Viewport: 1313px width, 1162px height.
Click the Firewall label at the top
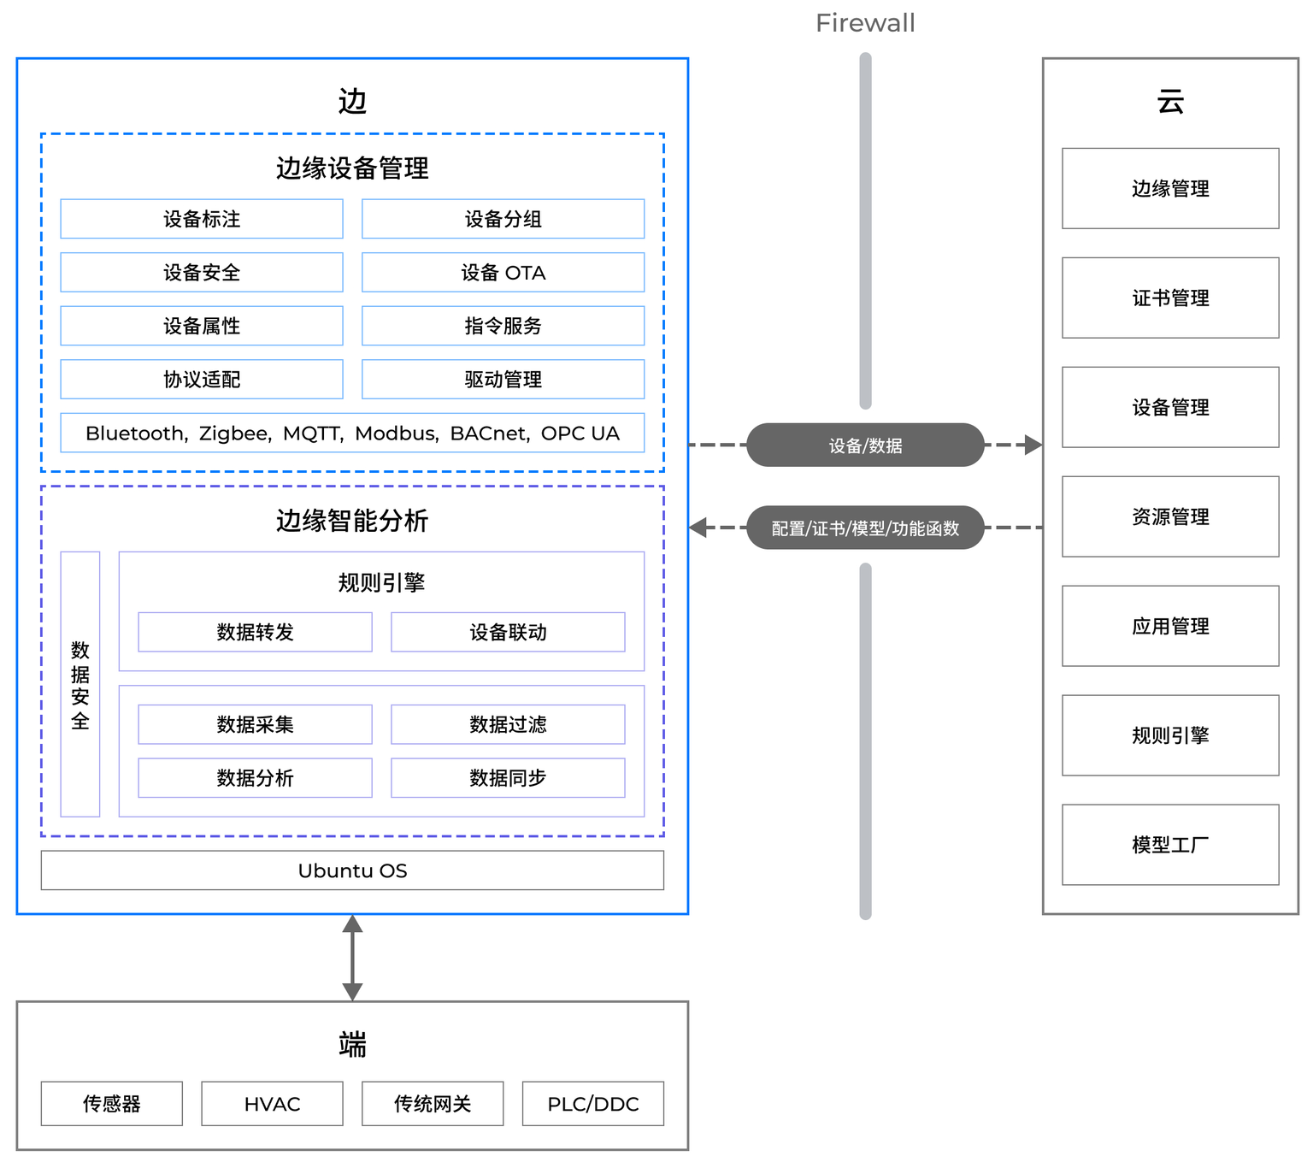coord(864,23)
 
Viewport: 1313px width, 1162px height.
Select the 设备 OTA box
coord(503,273)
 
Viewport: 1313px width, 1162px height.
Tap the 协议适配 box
coord(202,380)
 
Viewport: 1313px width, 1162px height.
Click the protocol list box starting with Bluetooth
coord(352,433)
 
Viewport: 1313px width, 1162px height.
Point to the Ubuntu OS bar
coord(352,870)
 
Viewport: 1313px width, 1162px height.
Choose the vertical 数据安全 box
coord(79,684)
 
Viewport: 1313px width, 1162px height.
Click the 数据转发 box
coord(256,632)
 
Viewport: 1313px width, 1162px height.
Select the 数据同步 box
coord(508,777)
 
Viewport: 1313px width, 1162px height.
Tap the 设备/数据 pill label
coord(865,445)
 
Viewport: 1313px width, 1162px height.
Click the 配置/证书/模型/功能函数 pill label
coord(865,528)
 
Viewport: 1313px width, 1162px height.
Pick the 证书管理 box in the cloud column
coord(1170,298)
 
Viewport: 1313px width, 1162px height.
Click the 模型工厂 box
coord(1170,844)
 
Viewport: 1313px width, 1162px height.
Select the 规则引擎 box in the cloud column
coord(1170,735)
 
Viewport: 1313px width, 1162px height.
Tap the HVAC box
coord(272,1104)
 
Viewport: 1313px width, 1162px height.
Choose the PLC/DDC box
coord(593,1104)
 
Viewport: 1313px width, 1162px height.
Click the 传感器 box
coord(111,1104)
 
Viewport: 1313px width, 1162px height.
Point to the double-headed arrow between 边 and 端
coord(352,958)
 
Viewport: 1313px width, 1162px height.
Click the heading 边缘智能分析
coord(352,520)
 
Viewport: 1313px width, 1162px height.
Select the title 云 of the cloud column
coord(1170,102)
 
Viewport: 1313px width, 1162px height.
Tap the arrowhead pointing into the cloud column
coord(1034,445)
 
